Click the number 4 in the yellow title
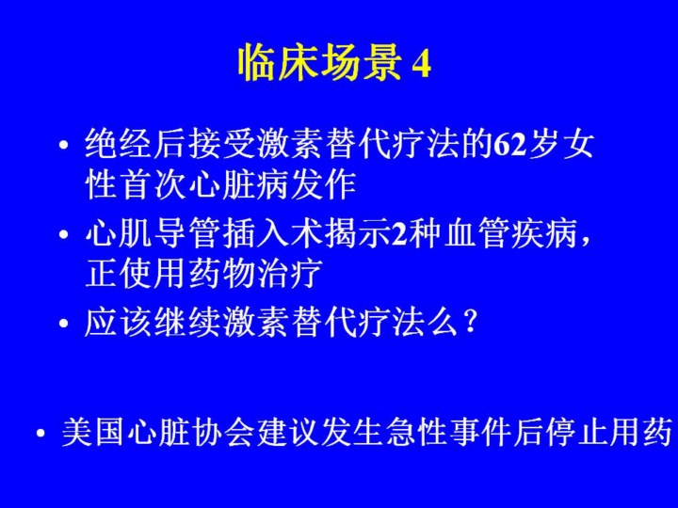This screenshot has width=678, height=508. click(421, 65)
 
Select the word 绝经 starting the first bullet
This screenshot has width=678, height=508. click(119, 144)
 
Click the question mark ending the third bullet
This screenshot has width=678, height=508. click(470, 323)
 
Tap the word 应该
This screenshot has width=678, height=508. click(119, 322)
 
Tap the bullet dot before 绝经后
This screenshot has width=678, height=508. click(64, 146)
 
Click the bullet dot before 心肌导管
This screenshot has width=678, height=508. click(64, 235)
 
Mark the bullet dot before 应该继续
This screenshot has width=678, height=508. click(64, 324)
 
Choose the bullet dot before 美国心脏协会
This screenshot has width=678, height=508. click(41, 434)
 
